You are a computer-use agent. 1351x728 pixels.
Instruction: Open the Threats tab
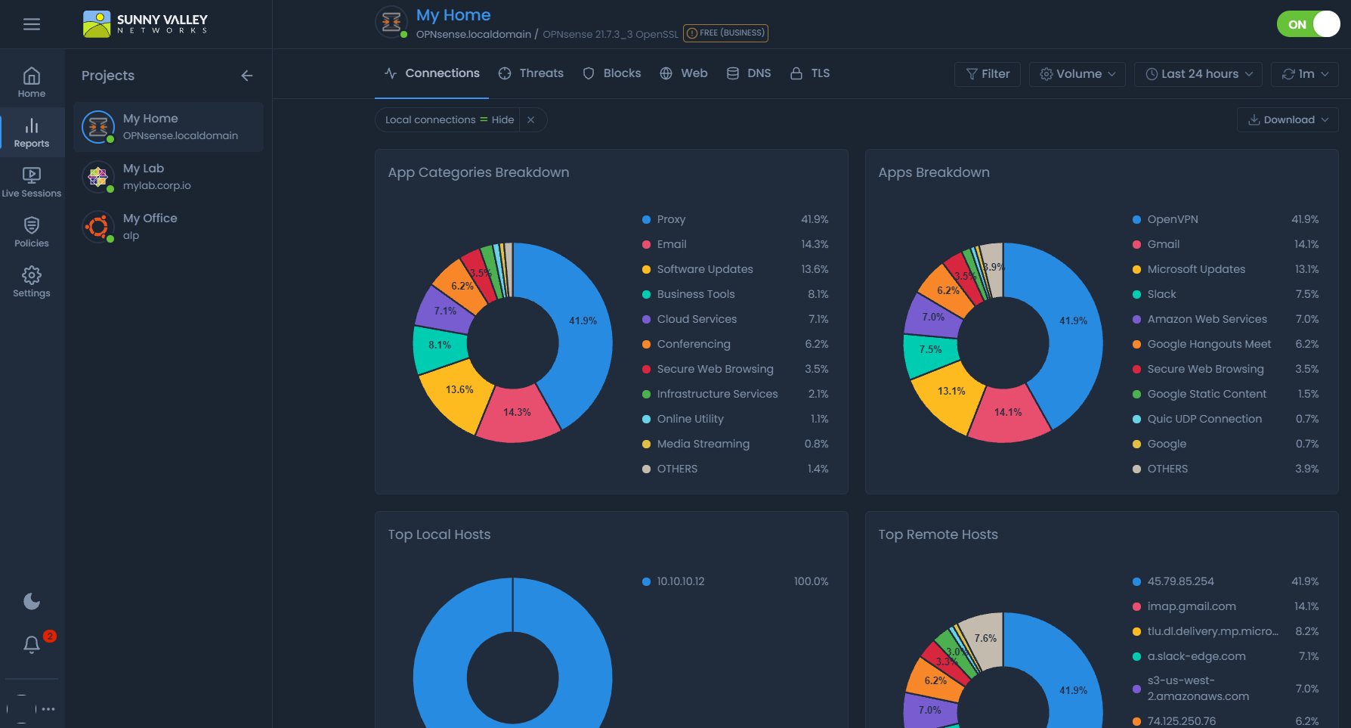pyautogui.click(x=531, y=73)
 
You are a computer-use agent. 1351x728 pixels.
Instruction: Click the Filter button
pyautogui.click(x=988, y=74)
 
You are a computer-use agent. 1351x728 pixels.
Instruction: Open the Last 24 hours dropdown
pyautogui.click(x=1198, y=74)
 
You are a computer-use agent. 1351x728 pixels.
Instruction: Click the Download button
pyautogui.click(x=1288, y=120)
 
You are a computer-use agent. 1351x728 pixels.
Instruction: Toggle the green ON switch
pyautogui.click(x=1308, y=24)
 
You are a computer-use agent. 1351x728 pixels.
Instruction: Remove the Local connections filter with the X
pyautogui.click(x=531, y=120)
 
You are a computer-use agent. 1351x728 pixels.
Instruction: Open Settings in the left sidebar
pyautogui.click(x=32, y=282)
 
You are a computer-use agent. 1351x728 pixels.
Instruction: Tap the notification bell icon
pyautogui.click(x=32, y=644)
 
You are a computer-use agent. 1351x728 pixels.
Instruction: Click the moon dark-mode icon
pyautogui.click(x=32, y=602)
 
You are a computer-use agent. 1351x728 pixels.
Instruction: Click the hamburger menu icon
pyautogui.click(x=32, y=24)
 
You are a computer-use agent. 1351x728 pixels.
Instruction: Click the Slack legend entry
pyautogui.click(x=1161, y=294)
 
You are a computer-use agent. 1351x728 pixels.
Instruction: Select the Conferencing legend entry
pyautogui.click(x=693, y=344)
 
